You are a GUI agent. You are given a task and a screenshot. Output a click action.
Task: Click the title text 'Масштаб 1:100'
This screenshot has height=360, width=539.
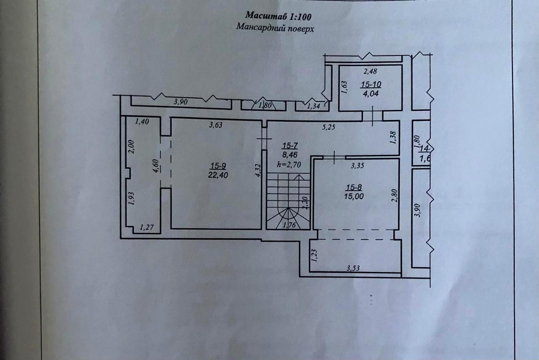click(278, 16)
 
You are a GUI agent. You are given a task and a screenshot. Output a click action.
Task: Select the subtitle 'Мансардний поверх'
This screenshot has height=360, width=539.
click(275, 29)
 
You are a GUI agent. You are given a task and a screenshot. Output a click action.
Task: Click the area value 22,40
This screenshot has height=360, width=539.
click(218, 176)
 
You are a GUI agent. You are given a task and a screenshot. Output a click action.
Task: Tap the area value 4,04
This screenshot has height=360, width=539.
click(370, 94)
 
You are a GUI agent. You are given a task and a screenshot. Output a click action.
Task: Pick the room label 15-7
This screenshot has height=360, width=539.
click(290, 146)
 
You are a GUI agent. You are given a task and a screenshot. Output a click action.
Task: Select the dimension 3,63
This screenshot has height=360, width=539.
click(216, 125)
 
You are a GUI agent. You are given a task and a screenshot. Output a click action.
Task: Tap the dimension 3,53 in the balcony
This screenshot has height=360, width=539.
click(353, 267)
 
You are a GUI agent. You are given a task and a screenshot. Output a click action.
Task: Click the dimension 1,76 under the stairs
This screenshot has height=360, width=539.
click(289, 225)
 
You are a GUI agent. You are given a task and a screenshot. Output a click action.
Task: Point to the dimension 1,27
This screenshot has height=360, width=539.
click(147, 228)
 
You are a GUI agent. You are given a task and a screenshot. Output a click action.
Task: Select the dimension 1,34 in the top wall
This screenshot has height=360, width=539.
click(314, 107)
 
